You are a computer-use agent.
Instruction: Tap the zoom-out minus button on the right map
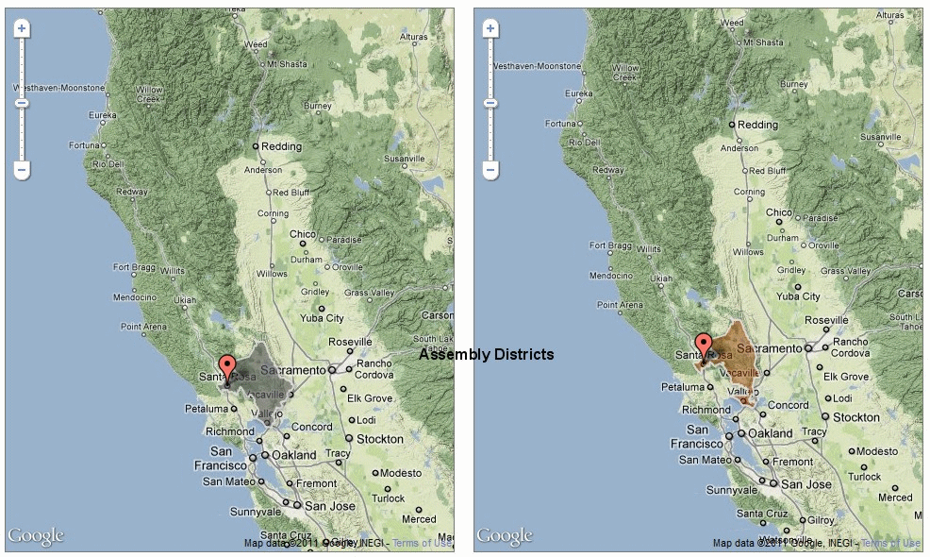pyautogui.click(x=490, y=170)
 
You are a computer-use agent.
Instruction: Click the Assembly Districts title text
pyautogui.click(x=487, y=355)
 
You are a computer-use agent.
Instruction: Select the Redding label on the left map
pyautogui.click(x=281, y=146)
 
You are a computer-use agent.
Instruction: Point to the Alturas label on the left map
pyautogui.click(x=413, y=37)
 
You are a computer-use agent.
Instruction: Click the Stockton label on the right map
pyautogui.click(x=856, y=416)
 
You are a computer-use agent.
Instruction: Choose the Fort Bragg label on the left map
pyautogui.click(x=134, y=268)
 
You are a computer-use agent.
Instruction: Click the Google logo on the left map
pyautogui.click(x=36, y=536)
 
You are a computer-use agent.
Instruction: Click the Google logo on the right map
pyautogui.click(x=505, y=536)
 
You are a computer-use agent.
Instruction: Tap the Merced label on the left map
pyautogui.click(x=419, y=518)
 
